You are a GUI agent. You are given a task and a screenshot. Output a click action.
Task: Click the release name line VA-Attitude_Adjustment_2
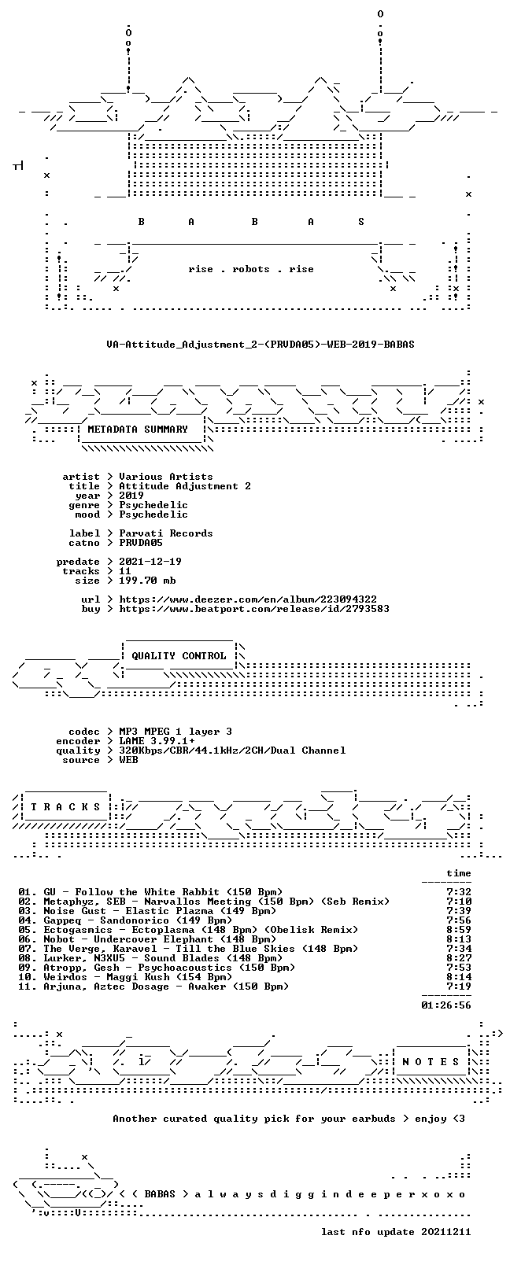(x=260, y=345)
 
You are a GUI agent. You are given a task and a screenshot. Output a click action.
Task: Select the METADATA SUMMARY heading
(x=137, y=430)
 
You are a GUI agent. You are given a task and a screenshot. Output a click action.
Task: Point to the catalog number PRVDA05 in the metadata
(x=141, y=543)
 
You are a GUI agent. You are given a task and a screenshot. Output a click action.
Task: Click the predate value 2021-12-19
(x=150, y=562)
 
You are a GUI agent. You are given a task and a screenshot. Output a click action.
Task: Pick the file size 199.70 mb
(x=147, y=581)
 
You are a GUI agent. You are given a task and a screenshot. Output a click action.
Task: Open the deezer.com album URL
(x=247, y=599)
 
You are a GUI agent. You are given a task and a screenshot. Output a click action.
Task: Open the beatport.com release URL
(x=253, y=609)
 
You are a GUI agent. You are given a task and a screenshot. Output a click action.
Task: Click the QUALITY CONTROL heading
(x=179, y=655)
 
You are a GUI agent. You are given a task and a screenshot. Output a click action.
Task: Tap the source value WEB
(x=128, y=760)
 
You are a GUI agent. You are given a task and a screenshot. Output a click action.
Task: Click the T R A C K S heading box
(x=65, y=807)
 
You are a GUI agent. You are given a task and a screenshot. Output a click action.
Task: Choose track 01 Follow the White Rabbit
(x=150, y=892)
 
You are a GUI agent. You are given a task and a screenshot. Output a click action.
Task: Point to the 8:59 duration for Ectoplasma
(x=459, y=930)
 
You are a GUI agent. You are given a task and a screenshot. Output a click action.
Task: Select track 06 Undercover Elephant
(x=147, y=939)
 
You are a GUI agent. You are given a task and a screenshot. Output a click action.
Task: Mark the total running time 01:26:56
(x=446, y=1006)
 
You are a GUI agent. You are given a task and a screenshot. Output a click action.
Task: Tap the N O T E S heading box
(x=431, y=1062)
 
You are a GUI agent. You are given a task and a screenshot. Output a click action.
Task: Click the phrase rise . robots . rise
(x=251, y=269)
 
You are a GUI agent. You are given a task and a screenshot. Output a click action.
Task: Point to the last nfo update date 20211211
(x=446, y=1232)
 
